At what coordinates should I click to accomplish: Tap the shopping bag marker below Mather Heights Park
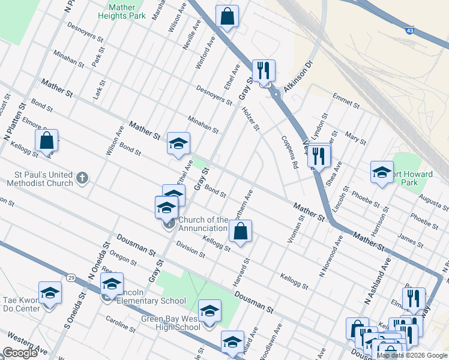point(228,17)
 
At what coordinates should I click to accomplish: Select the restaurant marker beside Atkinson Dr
point(263,71)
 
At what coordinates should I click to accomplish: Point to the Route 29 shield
point(71,278)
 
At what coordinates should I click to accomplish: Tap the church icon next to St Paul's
point(83,178)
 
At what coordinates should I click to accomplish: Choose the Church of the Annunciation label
point(203,224)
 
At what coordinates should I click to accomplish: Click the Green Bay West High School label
point(171,323)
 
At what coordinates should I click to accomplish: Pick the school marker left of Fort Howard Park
point(381,173)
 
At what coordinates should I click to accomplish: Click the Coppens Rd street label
point(290,152)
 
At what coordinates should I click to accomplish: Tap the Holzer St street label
point(250,118)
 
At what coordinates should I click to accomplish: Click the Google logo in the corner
point(20,353)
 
